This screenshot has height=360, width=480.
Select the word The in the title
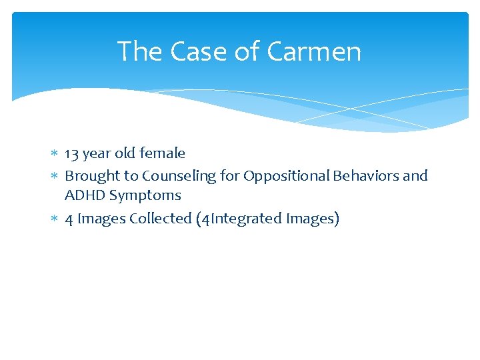click(x=140, y=51)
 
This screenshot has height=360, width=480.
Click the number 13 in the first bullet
click(x=72, y=153)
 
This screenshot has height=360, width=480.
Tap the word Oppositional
click(x=286, y=176)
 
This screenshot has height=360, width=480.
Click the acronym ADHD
click(x=85, y=195)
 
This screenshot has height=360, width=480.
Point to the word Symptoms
click(x=145, y=196)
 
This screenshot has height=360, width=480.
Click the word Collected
click(x=161, y=219)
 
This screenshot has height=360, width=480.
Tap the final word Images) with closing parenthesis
click(x=313, y=219)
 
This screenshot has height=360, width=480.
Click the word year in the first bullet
click(x=97, y=154)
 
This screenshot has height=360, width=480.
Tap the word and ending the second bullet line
click(x=415, y=176)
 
